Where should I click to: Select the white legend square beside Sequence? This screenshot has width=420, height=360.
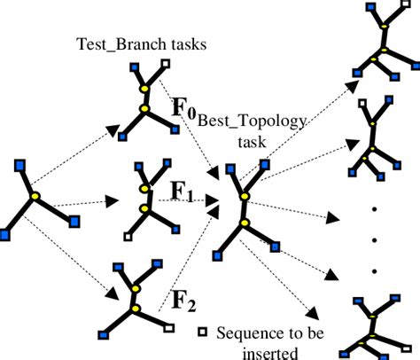coord(204,332)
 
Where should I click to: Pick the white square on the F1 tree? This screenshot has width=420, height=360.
coord(129,237)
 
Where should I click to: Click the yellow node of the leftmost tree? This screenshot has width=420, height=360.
coord(35,195)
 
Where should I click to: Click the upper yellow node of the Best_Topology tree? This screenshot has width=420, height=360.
coord(245,194)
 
